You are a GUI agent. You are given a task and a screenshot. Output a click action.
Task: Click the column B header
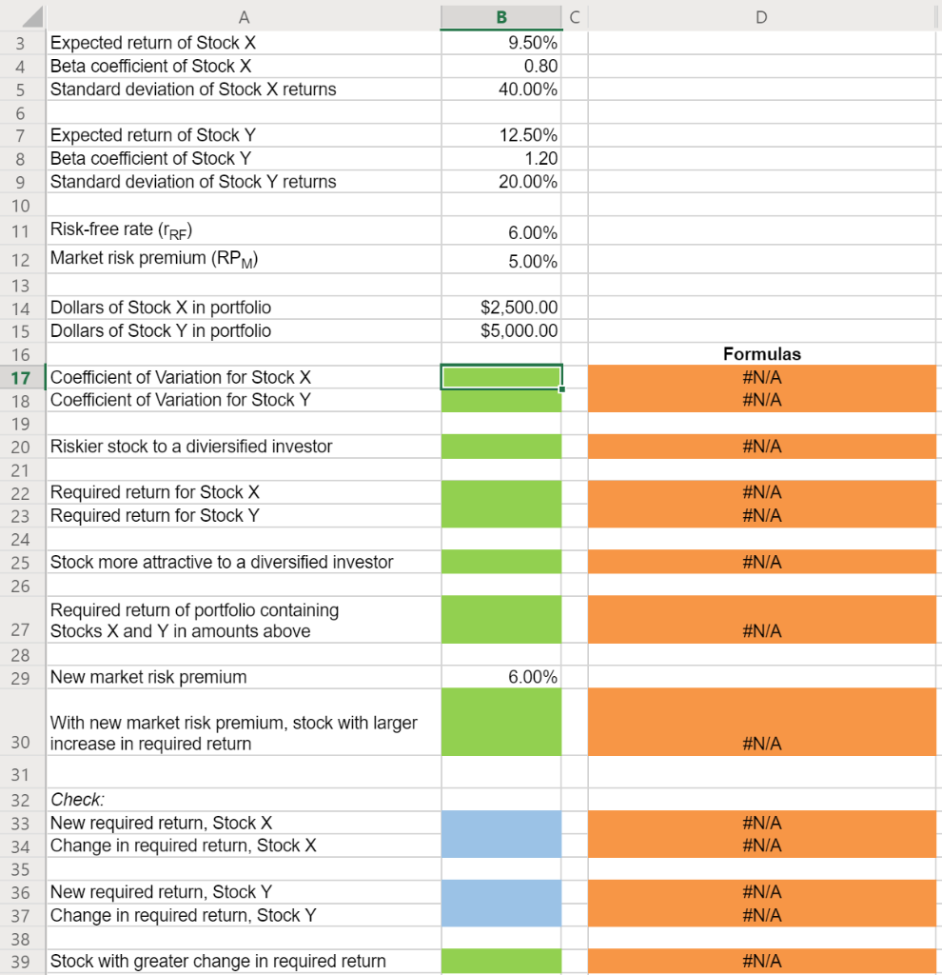point(501,16)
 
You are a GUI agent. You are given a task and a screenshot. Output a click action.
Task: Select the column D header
point(761,16)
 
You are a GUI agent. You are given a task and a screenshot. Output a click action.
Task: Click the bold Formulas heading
point(761,354)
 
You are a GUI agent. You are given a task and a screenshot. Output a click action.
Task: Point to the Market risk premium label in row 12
point(152,259)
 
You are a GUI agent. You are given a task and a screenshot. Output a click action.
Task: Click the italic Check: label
point(76,800)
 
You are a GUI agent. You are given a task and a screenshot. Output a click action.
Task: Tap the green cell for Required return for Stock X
point(501,492)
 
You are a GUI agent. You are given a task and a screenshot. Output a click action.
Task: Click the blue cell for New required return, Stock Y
point(501,892)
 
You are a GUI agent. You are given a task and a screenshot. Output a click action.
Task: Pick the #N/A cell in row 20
point(761,447)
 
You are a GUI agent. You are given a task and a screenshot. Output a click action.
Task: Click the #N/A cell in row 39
point(761,962)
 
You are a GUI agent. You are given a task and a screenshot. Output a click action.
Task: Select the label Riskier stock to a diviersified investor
point(190,447)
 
